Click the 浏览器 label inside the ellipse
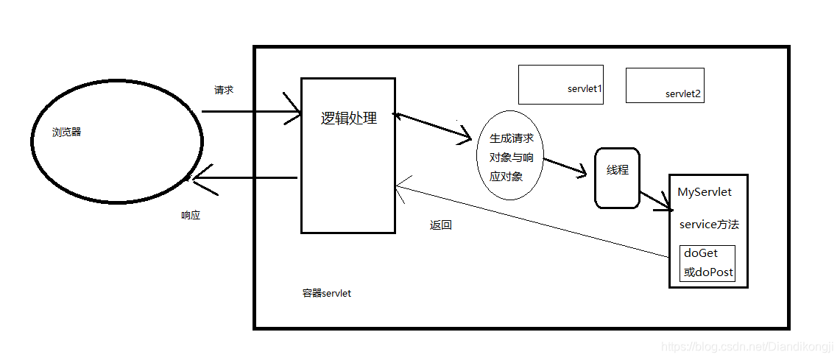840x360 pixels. click(66, 133)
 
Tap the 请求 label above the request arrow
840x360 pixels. click(224, 90)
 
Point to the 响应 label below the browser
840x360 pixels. click(191, 216)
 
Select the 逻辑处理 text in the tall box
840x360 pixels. click(349, 118)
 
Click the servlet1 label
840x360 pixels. click(585, 89)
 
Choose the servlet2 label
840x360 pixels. click(683, 93)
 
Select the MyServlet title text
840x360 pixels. click(705, 192)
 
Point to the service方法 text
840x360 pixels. click(709, 225)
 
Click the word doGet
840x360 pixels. click(701, 253)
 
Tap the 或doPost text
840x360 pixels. click(708, 272)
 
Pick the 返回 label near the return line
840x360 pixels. click(440, 225)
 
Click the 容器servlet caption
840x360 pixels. click(327, 293)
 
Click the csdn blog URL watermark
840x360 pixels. click(747, 346)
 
